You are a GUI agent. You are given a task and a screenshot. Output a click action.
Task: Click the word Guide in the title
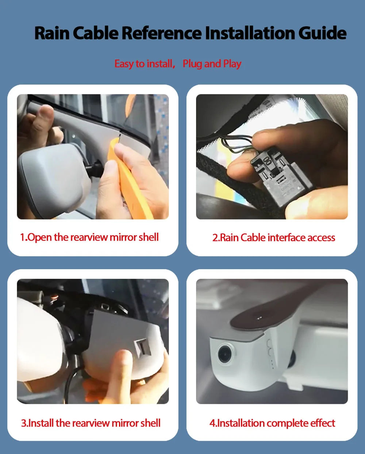(x=322, y=33)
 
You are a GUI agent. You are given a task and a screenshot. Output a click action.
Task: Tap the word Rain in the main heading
(x=52, y=33)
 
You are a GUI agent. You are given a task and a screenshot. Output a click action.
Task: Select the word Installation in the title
(x=250, y=33)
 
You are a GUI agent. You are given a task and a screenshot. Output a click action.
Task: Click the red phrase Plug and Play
(x=212, y=64)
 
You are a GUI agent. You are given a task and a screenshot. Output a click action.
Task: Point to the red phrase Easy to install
(x=145, y=64)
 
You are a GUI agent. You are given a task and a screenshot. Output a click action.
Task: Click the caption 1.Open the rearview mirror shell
(x=89, y=237)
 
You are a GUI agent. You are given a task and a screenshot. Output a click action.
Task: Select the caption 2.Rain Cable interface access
(x=274, y=237)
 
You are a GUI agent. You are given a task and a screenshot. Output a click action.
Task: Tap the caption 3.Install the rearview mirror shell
(x=91, y=423)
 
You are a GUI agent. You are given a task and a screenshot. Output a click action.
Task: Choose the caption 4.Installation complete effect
(x=272, y=423)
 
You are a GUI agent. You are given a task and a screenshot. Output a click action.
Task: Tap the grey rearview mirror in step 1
(x=54, y=177)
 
